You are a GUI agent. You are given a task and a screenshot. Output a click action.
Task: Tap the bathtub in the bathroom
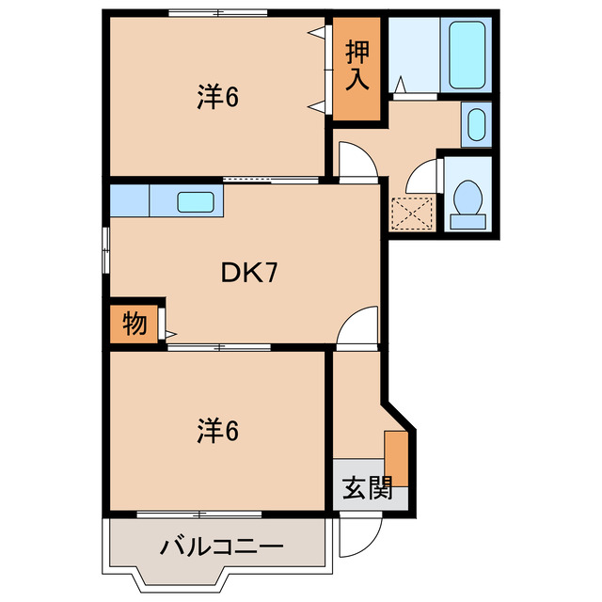[x=467, y=56]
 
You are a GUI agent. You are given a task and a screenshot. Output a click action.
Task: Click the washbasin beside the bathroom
[x=477, y=123]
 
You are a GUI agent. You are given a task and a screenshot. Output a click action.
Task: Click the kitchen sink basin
[x=196, y=200]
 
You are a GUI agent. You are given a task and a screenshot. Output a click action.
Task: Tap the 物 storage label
[x=134, y=325]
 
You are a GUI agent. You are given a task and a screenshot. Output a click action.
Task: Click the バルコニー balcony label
[x=220, y=545]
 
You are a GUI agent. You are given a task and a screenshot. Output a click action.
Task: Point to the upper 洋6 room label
[x=217, y=96]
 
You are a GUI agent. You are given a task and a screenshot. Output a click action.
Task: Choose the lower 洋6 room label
[x=217, y=431]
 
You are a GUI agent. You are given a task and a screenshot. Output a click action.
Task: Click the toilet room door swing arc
[x=427, y=174]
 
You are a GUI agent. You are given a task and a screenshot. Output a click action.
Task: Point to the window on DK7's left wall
[x=106, y=249]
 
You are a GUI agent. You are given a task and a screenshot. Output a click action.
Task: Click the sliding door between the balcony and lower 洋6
[x=199, y=514]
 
